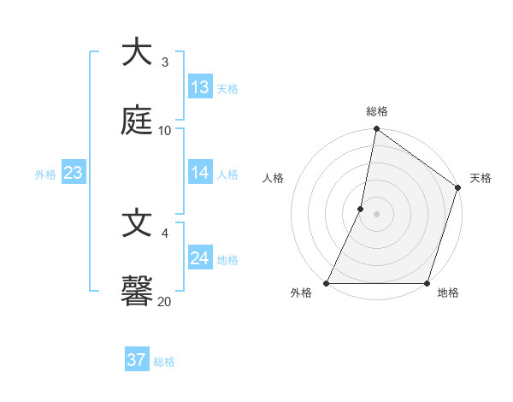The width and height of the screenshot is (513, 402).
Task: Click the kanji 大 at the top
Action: click(137, 52)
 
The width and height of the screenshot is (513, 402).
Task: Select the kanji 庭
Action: click(137, 121)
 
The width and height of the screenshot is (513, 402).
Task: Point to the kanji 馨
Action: click(137, 292)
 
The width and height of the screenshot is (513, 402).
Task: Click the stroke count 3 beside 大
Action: click(165, 62)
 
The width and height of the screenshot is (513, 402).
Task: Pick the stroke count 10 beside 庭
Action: click(165, 131)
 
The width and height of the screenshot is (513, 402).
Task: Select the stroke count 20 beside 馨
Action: click(165, 301)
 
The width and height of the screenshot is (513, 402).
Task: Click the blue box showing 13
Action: click(200, 87)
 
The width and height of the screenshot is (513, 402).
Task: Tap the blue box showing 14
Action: click(200, 173)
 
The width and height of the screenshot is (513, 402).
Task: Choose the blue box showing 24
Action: click(200, 258)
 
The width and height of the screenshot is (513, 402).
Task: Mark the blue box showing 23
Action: click(74, 173)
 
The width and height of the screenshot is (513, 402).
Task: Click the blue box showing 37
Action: click(137, 360)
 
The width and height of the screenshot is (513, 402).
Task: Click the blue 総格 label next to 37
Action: click(165, 362)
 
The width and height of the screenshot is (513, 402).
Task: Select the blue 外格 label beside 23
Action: click(45, 174)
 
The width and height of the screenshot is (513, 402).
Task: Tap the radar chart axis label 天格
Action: click(481, 178)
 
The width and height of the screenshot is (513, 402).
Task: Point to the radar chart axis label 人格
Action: click(273, 178)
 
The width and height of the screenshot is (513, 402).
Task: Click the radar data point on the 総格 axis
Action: click(376, 130)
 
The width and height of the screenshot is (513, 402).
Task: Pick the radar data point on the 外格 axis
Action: click(327, 283)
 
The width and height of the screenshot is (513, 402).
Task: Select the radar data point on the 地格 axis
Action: click(427, 283)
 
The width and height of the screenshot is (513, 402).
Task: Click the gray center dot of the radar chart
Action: click(376, 214)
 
